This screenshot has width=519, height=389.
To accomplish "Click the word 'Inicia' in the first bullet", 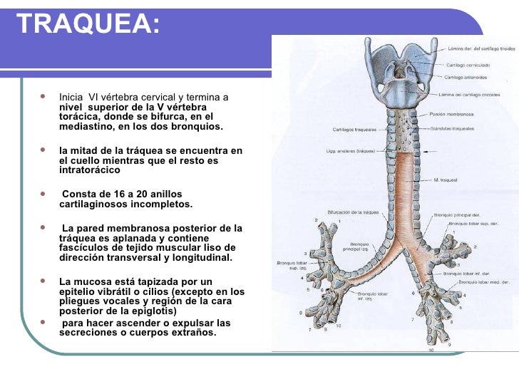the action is [71, 97].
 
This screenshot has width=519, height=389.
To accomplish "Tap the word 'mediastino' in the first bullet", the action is [85, 127].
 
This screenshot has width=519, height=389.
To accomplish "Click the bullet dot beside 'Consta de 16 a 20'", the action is [45, 194].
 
